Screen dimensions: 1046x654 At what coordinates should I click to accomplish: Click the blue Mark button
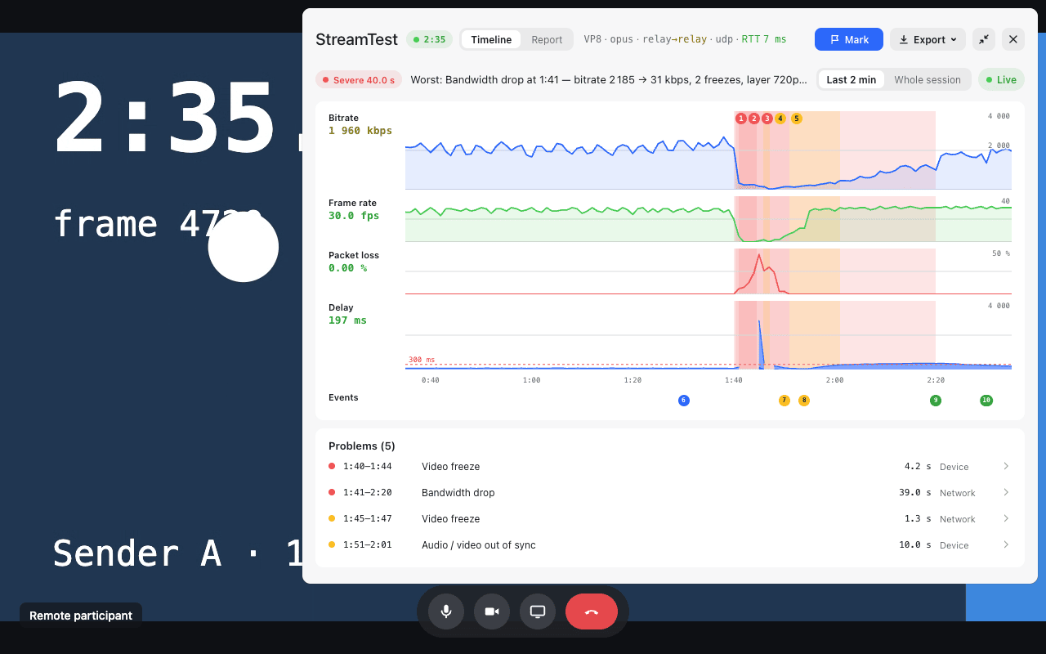click(x=848, y=40)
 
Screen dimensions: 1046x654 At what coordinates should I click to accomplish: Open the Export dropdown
click(x=928, y=40)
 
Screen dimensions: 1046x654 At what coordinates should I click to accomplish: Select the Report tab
click(x=547, y=40)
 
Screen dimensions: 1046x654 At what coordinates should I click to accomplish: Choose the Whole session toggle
click(x=927, y=80)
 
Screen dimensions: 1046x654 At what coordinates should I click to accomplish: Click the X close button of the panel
click(x=1012, y=40)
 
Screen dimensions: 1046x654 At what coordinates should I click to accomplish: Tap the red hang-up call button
click(x=591, y=611)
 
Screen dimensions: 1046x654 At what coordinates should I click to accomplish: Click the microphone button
click(x=446, y=611)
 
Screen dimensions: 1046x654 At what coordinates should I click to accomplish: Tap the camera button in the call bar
click(x=492, y=611)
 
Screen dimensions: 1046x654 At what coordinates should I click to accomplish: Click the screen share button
click(x=538, y=611)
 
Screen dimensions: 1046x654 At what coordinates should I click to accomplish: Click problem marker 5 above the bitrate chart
click(x=797, y=119)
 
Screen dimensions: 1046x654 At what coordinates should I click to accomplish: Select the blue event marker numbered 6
click(x=684, y=401)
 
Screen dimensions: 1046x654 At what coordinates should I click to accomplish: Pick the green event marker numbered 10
click(x=986, y=401)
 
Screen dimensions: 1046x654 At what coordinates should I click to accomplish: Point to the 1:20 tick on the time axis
click(x=633, y=380)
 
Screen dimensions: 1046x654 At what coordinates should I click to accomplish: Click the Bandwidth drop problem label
click(x=458, y=493)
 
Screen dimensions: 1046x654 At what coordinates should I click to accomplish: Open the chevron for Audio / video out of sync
click(x=1006, y=544)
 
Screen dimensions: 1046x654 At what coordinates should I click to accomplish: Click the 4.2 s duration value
click(x=918, y=467)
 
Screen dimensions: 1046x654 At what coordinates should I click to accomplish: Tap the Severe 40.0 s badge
click(x=359, y=80)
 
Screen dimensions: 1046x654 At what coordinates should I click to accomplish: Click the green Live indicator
click(x=1001, y=80)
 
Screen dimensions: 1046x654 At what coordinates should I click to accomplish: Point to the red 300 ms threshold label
click(x=422, y=360)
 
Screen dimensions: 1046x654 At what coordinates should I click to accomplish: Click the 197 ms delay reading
click(x=347, y=320)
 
